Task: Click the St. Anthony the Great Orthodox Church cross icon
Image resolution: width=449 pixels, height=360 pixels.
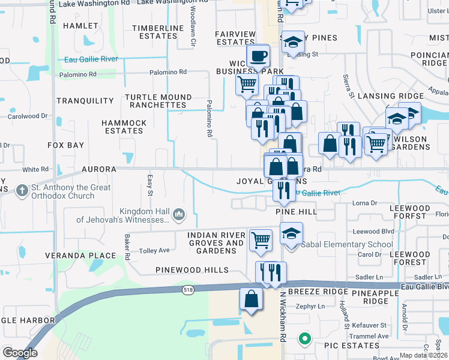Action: pos(22,190)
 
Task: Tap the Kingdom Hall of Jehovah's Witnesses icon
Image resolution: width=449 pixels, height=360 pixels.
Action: pos(179,214)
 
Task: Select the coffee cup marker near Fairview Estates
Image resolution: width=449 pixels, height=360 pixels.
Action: pos(258,57)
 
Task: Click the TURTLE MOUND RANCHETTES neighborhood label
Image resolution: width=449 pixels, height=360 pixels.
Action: pos(158,101)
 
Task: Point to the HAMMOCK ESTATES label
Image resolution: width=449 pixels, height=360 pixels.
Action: pos(124,127)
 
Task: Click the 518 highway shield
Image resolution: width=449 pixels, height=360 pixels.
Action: pos(188,290)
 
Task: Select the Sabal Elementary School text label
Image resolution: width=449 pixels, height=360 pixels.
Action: pos(347,244)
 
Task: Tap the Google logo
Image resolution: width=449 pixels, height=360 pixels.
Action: pos(20,353)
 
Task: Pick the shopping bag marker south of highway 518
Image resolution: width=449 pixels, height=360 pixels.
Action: pos(251,299)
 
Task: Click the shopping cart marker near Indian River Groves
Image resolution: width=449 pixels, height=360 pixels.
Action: pos(261,239)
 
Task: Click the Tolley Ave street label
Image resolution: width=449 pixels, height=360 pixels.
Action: pos(154,250)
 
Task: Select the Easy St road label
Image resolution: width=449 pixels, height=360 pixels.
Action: pos(149,185)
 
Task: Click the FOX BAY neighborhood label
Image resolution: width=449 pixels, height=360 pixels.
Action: pos(65,145)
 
